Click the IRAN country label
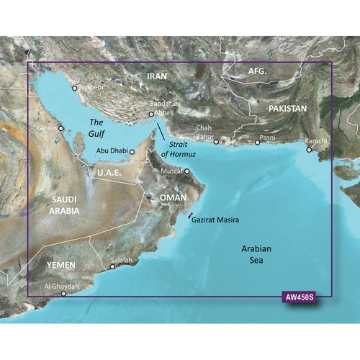click(x=156, y=76)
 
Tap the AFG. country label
click(x=257, y=72)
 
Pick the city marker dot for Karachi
click(x=310, y=150)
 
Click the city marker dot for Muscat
click(x=186, y=171)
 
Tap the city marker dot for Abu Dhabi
click(x=132, y=152)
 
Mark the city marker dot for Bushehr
click(x=74, y=89)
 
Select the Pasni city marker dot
click(x=258, y=143)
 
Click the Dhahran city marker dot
click(x=61, y=129)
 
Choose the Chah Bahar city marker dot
click(x=215, y=143)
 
